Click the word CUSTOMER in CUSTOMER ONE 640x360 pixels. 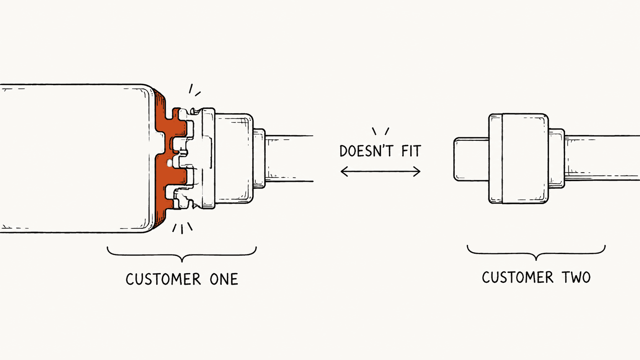pyautogui.click(x=163, y=279)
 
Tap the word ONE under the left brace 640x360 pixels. pyautogui.click(x=224, y=279)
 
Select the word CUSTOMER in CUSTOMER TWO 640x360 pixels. pyautogui.click(x=518, y=277)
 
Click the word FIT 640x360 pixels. pyautogui.click(x=411, y=151)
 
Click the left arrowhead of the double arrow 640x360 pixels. pyautogui.click(x=344, y=171)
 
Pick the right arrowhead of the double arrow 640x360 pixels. pyautogui.click(x=416, y=171)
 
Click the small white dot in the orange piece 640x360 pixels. pyautogui.click(x=170, y=163)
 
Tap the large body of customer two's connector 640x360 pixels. pyautogui.click(x=519, y=158)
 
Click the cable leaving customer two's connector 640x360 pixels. pyautogui.click(x=602, y=158)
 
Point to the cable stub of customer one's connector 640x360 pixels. pyautogui.click(x=289, y=158)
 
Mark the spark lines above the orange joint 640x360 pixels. pyautogui.click(x=194, y=90)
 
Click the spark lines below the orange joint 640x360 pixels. pyautogui.click(x=182, y=228)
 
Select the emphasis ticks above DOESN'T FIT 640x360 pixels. pyautogui.click(x=380, y=131)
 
